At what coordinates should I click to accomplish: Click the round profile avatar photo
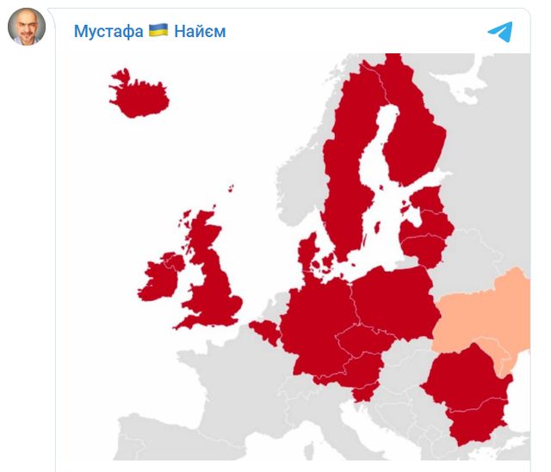pyautogui.click(x=26, y=28)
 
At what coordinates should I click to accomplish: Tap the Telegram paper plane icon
pyautogui.click(x=500, y=32)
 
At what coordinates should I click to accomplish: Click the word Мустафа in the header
pyautogui.click(x=108, y=32)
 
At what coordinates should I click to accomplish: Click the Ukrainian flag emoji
pyautogui.click(x=158, y=31)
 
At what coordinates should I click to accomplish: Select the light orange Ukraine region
pyautogui.click(x=486, y=314)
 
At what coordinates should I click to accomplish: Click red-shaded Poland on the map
pyautogui.click(x=392, y=297)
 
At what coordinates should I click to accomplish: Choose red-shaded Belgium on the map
pyautogui.click(x=266, y=330)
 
